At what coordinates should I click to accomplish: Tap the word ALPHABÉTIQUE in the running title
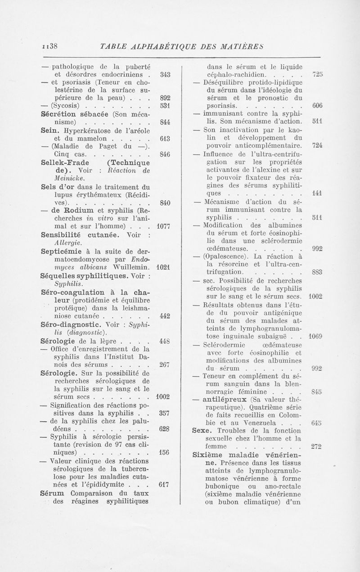[x=165, y=46]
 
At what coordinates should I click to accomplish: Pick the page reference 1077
[x=160, y=224]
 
